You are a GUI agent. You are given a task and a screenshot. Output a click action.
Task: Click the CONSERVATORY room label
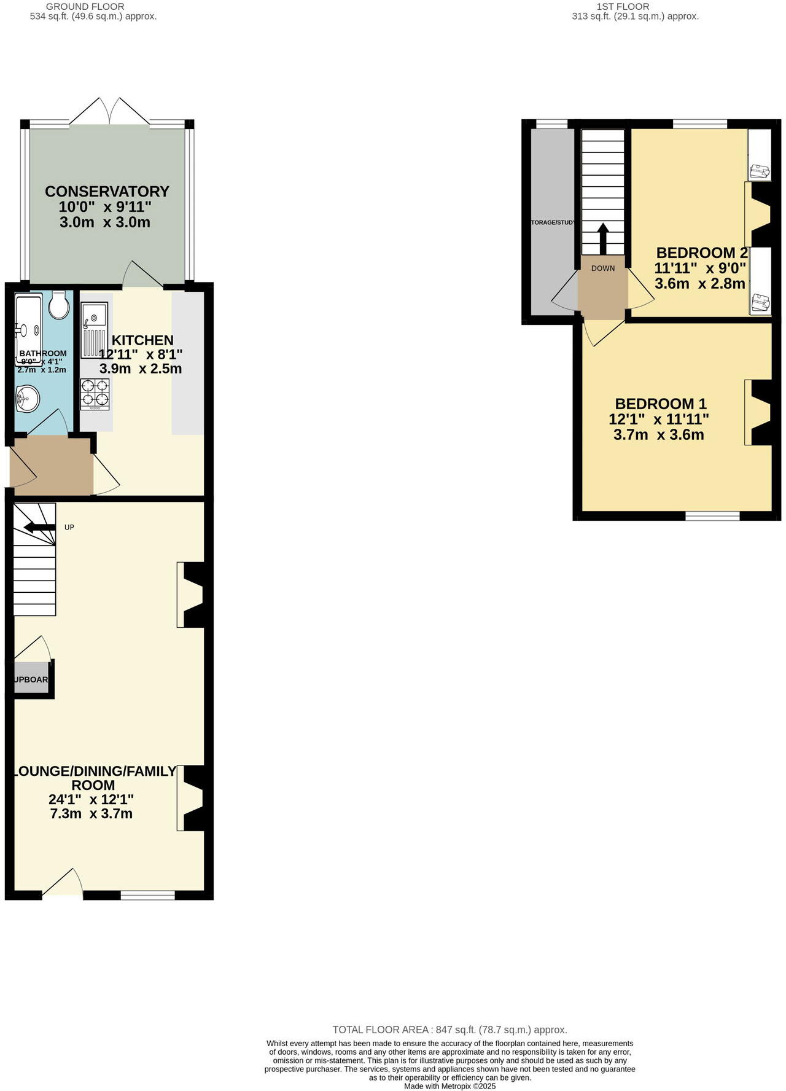click(107, 192)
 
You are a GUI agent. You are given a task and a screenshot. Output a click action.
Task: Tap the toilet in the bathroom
click(59, 305)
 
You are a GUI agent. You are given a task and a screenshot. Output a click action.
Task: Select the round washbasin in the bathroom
click(27, 399)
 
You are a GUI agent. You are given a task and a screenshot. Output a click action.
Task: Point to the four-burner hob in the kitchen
click(95, 394)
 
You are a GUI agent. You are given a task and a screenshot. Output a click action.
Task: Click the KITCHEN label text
click(142, 340)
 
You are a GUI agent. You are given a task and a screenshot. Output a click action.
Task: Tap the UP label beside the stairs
click(69, 528)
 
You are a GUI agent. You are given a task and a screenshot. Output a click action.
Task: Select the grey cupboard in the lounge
click(31, 679)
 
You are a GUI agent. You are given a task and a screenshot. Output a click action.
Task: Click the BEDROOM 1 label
click(661, 404)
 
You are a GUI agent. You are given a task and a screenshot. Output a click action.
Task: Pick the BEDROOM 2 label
click(702, 253)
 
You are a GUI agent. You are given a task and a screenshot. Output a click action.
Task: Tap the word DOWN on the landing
click(603, 268)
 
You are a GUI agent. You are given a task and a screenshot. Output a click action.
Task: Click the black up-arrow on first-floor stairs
click(603, 238)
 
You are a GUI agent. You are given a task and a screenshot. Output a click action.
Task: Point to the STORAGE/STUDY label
click(553, 222)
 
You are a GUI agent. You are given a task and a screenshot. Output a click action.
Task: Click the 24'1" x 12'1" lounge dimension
click(91, 800)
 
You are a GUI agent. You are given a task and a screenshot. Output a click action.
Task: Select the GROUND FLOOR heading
click(85, 7)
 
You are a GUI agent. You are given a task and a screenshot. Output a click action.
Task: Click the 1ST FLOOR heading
click(623, 7)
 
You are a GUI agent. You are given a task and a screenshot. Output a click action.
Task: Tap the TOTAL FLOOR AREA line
click(449, 1030)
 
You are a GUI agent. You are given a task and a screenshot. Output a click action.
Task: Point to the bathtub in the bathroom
click(28, 329)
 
